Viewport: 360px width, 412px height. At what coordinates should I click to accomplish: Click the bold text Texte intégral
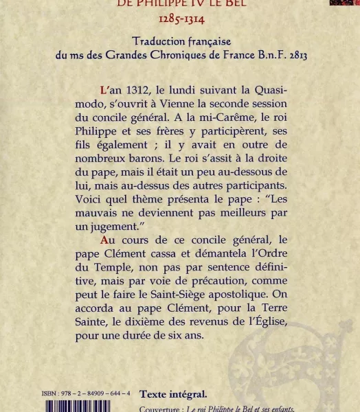pos(173,394)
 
